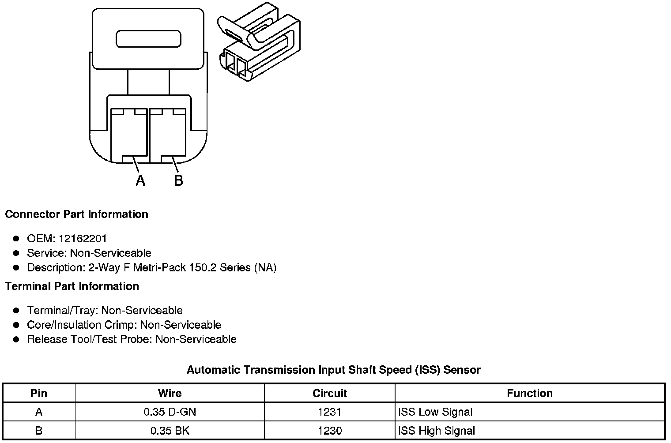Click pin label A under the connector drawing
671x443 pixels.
pos(140,180)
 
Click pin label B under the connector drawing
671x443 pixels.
pos(178,180)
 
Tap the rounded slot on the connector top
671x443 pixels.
pos(148,39)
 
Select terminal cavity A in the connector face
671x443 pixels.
pos(128,135)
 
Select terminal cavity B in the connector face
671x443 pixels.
pos(168,135)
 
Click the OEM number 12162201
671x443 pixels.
pos(83,239)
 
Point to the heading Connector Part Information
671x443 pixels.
pos(76,214)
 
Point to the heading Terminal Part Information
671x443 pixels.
pos(72,286)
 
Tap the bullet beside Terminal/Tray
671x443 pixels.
pos(16,311)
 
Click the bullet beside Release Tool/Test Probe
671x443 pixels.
pos(16,339)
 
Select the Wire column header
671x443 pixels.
pos(170,393)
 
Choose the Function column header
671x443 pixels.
pos(529,393)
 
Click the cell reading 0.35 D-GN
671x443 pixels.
pos(170,412)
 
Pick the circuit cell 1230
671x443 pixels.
pos(329,431)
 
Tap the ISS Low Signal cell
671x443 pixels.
pos(435,412)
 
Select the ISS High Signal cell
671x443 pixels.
pos(437,431)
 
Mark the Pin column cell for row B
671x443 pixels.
pos(39,431)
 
